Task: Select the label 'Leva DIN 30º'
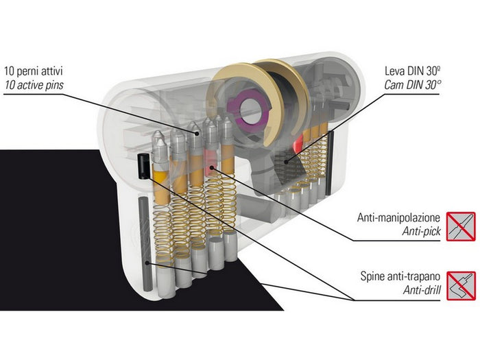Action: [438, 70]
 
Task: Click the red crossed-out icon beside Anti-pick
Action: [461, 226]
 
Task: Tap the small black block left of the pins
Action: [143, 165]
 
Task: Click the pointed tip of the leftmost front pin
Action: [158, 139]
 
